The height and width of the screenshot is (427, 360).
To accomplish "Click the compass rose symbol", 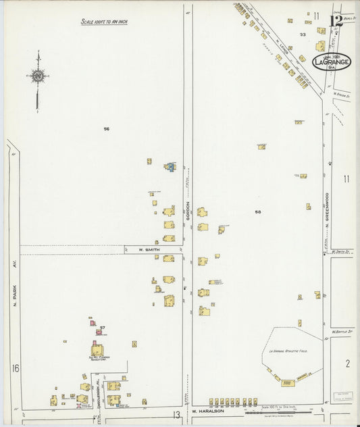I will point(38,76).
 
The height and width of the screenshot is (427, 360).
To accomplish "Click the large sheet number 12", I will point(336,20).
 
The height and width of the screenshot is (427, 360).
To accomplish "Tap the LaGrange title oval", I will point(332,62).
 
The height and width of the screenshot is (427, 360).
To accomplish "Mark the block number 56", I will point(106,128).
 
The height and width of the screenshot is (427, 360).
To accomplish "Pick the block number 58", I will point(257,211).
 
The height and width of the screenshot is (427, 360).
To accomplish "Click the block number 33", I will point(303,34).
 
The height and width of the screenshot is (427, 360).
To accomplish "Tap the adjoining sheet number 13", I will point(175,414).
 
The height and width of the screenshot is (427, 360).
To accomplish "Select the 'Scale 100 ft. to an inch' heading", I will point(105,22).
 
